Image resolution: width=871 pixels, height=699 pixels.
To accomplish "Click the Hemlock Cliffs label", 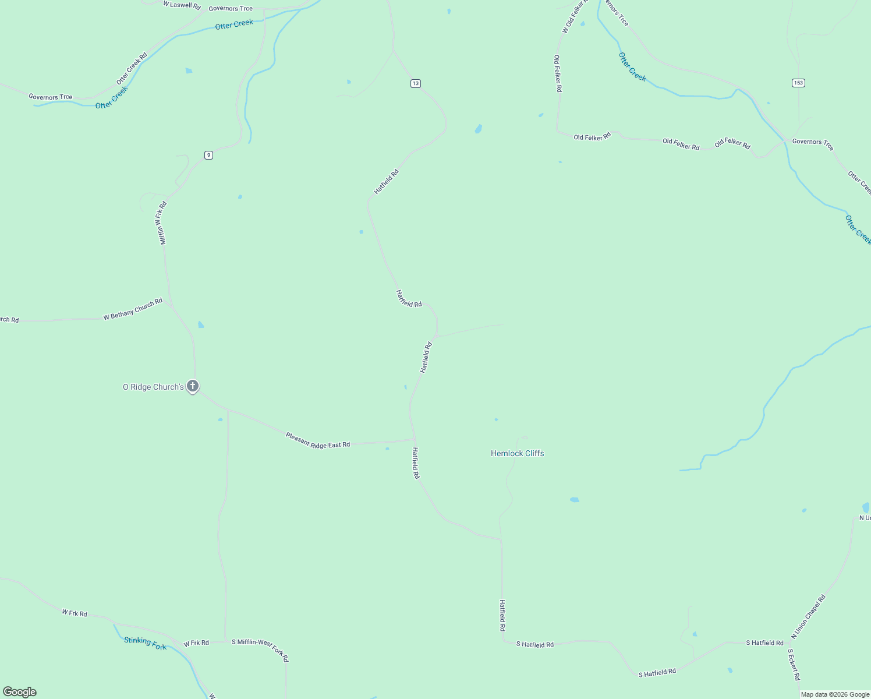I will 517,453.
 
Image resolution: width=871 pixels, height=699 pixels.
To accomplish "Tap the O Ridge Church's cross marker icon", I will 193,386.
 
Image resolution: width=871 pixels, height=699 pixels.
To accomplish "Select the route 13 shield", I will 415,83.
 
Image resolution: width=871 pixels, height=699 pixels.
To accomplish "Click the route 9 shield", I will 208,155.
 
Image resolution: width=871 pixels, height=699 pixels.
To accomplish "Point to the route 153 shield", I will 798,83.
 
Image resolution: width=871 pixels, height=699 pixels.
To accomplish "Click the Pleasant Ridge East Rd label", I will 318,440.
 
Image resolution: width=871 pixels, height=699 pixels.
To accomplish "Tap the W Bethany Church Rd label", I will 133,309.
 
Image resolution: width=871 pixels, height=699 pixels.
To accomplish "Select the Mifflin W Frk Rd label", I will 163,223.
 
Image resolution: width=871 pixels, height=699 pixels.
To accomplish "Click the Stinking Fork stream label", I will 146,643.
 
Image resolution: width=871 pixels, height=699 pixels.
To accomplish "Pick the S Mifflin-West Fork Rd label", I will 260,650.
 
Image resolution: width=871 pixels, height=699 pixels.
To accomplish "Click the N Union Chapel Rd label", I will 808,617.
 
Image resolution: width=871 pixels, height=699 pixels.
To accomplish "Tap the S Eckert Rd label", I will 794,665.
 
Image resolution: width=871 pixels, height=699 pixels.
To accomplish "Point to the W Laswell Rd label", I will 182,5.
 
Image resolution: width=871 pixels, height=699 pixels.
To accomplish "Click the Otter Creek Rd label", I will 132,68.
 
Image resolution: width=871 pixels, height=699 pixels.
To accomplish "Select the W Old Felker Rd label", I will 573,16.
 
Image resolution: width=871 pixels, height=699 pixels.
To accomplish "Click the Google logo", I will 20,692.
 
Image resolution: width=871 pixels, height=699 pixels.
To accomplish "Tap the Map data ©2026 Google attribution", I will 835,694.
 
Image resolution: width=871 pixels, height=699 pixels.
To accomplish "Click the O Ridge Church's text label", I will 153,387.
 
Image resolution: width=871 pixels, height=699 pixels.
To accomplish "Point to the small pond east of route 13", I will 479,129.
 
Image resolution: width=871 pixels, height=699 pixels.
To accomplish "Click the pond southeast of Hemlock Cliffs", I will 575,500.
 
